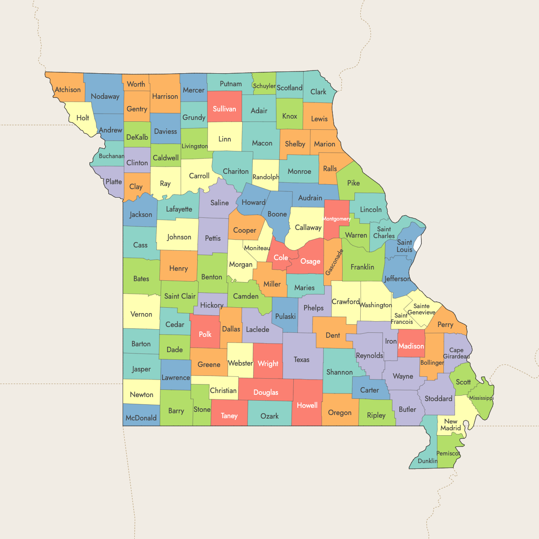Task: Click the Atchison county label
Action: tap(68, 90)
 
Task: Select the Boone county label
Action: tap(277, 214)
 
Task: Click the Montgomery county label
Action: tap(336, 219)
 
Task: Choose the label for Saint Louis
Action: tap(404, 246)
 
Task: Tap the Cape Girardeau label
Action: tap(456, 353)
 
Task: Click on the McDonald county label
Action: tap(141, 418)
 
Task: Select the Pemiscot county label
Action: tap(448, 453)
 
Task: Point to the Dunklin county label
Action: tap(427, 461)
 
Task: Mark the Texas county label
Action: tap(301, 359)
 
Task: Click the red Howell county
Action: tap(307, 405)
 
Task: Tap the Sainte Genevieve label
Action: tap(421, 309)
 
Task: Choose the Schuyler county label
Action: tap(264, 86)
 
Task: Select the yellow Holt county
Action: tap(83, 118)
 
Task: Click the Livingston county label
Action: tap(194, 146)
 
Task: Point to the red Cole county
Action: tap(281, 258)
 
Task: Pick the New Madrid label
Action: tap(451, 424)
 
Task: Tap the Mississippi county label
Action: tap(481, 398)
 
